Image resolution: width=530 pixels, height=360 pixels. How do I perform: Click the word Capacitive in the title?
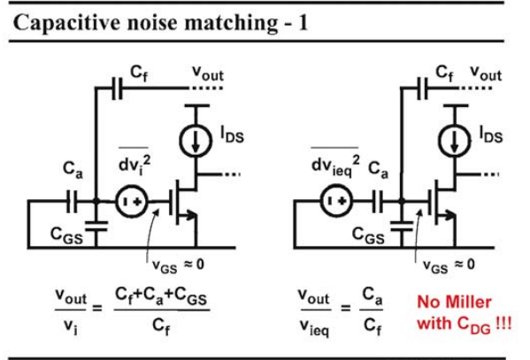coord(66,23)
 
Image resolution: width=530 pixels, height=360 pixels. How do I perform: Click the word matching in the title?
coord(231,23)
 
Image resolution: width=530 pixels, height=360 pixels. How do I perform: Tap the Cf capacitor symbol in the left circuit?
coord(118,88)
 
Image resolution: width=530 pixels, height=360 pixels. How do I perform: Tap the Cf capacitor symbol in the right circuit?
coord(423,88)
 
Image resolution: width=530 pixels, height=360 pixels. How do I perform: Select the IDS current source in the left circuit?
coord(196,141)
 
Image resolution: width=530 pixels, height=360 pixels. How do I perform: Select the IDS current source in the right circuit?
coord(455,141)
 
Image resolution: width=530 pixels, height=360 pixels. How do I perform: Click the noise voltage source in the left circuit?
coord(132,202)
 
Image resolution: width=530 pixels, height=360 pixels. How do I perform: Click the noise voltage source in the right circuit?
coord(336,201)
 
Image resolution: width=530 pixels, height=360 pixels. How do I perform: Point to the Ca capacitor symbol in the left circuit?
coord(72,202)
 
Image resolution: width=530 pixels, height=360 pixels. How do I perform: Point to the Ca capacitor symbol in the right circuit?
coord(377,201)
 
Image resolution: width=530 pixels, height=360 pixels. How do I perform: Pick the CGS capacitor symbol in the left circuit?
coord(96,226)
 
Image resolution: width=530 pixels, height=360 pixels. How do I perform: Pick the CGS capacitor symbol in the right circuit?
coord(402,226)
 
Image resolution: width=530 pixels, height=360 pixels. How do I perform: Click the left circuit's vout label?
coord(208,73)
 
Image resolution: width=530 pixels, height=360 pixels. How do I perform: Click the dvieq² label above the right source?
coord(335,165)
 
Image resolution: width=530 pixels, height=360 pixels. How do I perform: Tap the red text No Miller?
coord(454,302)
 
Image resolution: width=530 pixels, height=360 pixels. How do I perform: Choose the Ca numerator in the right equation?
coord(373,295)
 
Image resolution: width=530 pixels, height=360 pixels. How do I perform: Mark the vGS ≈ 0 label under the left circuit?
coord(179,265)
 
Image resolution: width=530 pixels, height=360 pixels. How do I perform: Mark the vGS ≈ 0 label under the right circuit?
coord(449,265)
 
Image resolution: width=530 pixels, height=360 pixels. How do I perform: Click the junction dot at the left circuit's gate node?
coord(96,202)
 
